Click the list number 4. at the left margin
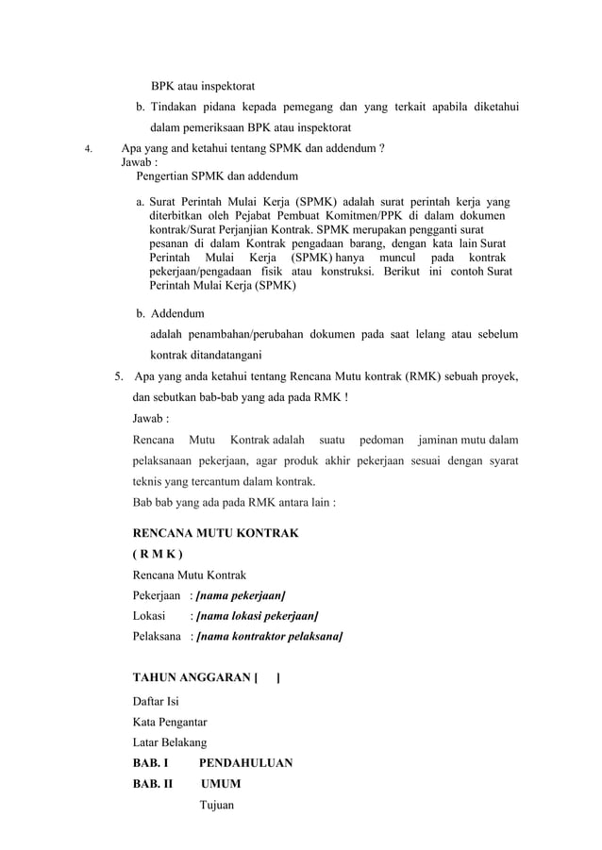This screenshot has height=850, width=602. coord(88,149)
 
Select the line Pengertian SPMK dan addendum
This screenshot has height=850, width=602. coord(217,176)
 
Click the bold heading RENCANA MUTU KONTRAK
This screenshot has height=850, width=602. coord(216,533)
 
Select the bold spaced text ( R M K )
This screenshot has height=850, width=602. coord(159,554)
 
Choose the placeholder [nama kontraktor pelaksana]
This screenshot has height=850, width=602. coord(269,637)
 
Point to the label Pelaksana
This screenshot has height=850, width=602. coord(157,637)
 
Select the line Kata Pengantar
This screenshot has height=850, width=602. coord(170,722)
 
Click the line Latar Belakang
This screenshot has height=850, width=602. coord(170,742)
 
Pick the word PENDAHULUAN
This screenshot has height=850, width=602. coord(245,763)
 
